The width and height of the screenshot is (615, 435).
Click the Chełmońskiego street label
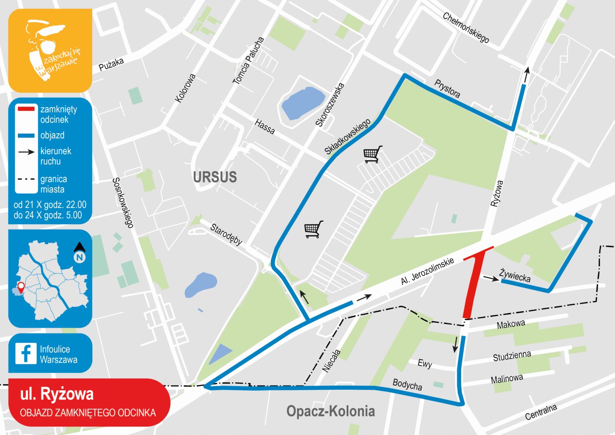pos(466,27)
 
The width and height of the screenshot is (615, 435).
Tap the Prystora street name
pos(447,88)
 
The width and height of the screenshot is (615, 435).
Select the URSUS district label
pos(215,177)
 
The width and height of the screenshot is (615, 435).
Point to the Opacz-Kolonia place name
pos(330,411)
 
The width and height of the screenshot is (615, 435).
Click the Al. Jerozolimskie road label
pos(427,271)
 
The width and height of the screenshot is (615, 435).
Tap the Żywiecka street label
pos(515,275)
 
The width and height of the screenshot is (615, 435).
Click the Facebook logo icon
pos(25,353)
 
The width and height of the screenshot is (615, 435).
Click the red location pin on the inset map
pos(21,287)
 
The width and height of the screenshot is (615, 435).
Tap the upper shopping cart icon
pos(373,154)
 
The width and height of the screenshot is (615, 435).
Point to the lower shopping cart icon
pos(314,229)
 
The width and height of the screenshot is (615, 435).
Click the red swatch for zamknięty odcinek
pos(26,109)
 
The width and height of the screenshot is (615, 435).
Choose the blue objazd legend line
pos(26,135)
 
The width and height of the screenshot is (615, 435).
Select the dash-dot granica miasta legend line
pos(26,179)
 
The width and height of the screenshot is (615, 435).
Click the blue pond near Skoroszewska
pos(303,103)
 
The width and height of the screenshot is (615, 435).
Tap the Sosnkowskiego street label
pos(123,203)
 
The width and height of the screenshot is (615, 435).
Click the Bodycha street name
pos(407,385)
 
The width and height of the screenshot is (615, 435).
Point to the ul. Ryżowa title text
pos(57,394)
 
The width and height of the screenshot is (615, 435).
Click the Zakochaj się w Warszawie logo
pos(50,51)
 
